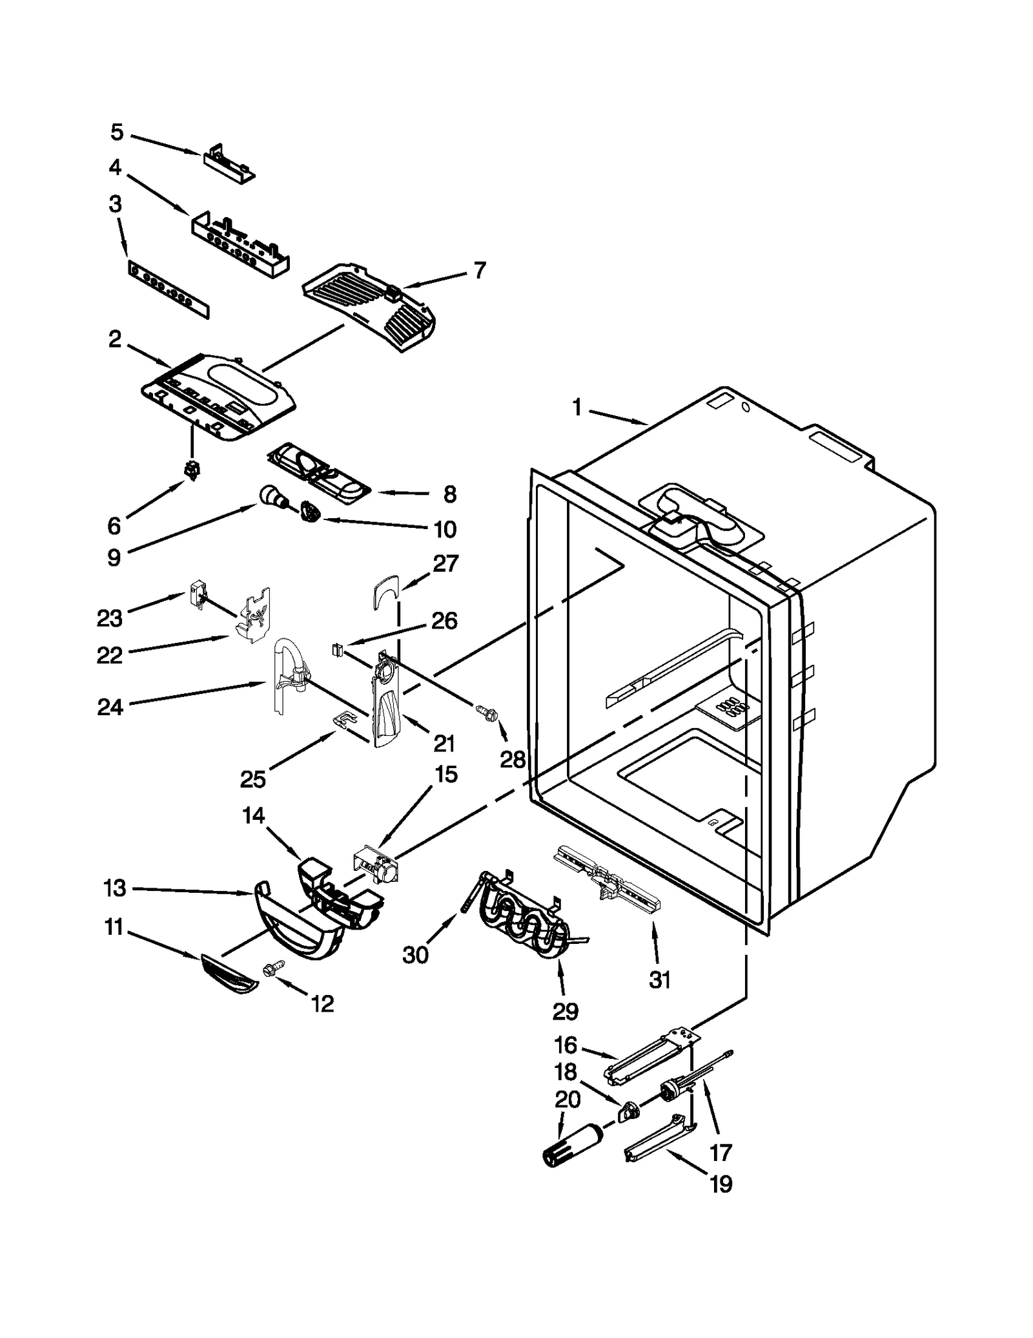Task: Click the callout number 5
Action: [117, 132]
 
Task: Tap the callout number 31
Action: [659, 980]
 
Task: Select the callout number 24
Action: [110, 707]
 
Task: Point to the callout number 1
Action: [577, 408]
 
